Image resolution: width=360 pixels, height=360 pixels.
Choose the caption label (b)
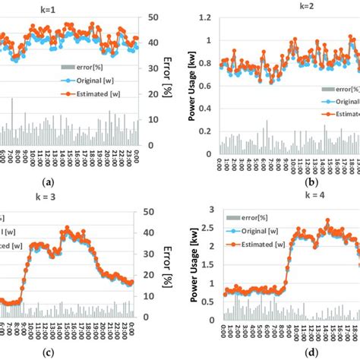coord(289,182)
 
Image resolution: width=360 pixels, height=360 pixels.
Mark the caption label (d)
coord(289,352)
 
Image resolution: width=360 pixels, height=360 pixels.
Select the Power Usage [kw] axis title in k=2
coord(191,84)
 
